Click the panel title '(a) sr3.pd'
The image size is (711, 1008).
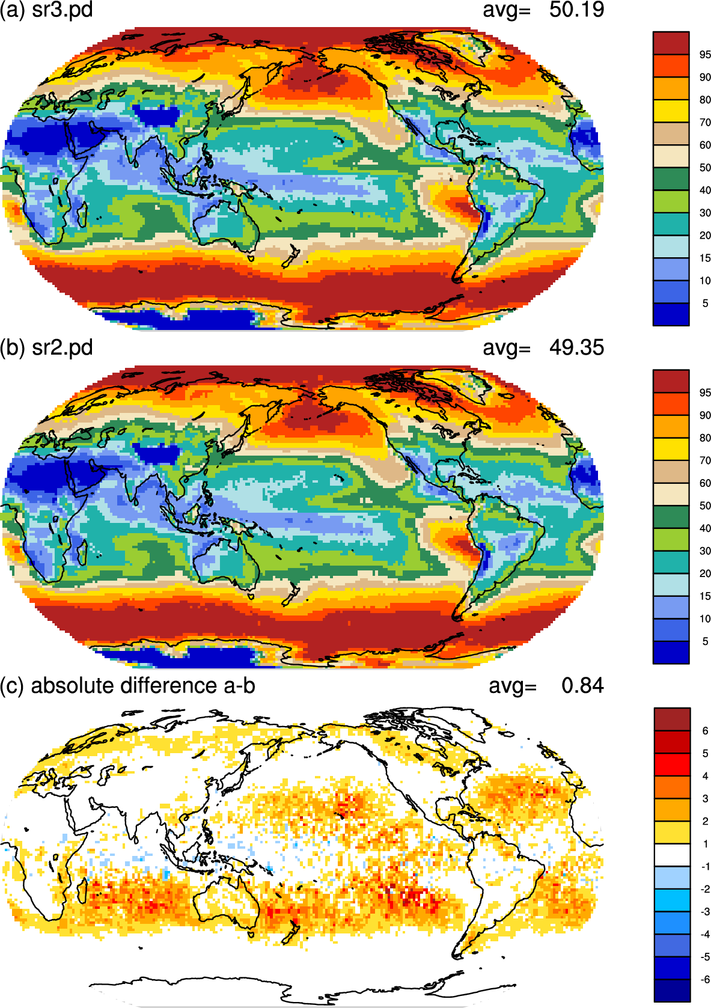click(x=46, y=10)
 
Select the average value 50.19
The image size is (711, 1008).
click(x=576, y=10)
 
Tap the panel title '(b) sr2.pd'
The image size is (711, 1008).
click(x=46, y=348)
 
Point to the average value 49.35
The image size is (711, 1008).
click(x=576, y=347)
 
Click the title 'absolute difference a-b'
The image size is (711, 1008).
click(x=143, y=686)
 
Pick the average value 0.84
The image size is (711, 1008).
click(x=583, y=686)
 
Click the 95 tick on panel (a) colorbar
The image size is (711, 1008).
click(x=705, y=55)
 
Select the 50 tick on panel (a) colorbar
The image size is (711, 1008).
click(x=705, y=168)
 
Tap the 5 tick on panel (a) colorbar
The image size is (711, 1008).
click(x=705, y=304)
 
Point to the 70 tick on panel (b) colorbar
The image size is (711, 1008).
click(x=705, y=460)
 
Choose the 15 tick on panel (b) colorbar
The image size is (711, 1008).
click(x=705, y=596)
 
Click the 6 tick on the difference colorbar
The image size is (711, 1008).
click(x=705, y=731)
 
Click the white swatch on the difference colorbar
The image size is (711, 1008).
click(x=672, y=855)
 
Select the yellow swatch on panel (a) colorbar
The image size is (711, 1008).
click(x=671, y=111)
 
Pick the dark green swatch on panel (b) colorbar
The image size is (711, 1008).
click(x=671, y=516)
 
